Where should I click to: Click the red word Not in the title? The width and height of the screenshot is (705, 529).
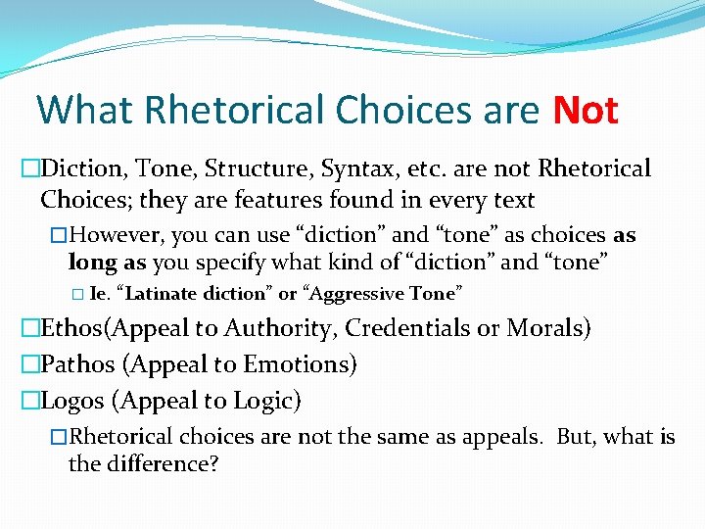[x=585, y=111]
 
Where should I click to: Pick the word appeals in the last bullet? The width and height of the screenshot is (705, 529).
[x=504, y=437]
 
